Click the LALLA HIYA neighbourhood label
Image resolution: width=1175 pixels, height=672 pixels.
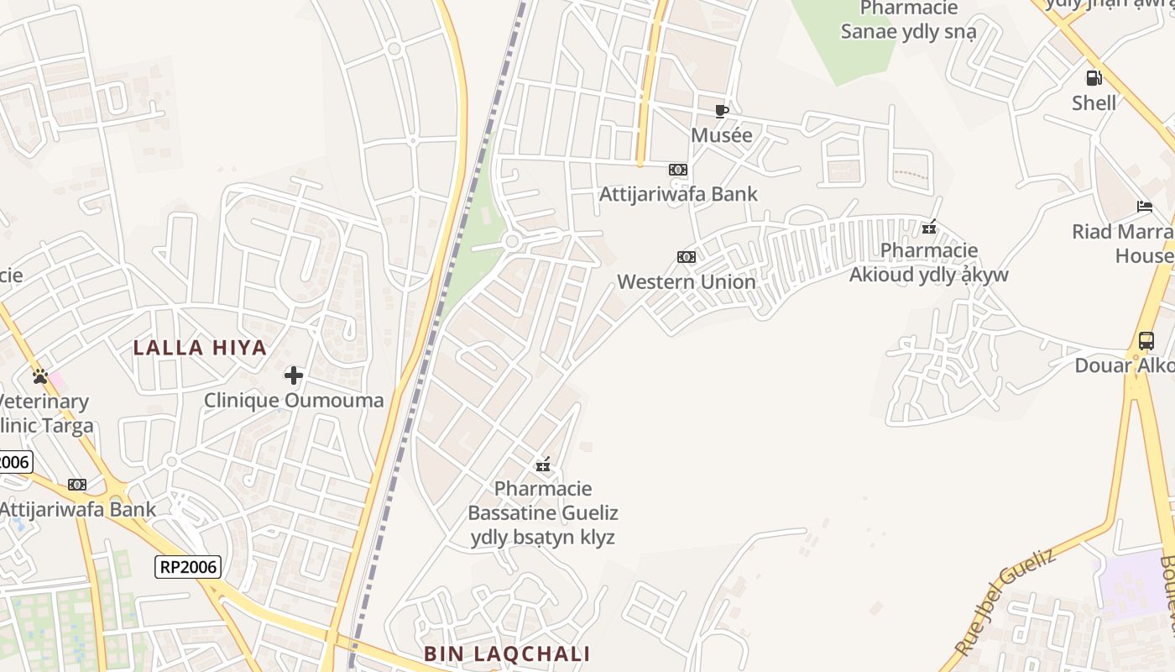(x=200, y=348)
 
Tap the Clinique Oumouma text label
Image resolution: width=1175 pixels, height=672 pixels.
(x=294, y=400)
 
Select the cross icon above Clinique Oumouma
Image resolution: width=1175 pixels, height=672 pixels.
(x=294, y=375)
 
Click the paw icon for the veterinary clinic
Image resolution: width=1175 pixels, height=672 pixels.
(x=39, y=376)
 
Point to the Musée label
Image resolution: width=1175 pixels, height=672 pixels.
(x=721, y=135)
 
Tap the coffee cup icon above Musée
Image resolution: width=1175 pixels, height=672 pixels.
(x=721, y=111)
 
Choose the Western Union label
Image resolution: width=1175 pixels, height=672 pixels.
(x=687, y=281)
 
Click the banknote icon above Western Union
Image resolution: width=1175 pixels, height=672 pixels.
(x=687, y=257)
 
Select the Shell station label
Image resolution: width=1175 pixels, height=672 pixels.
(x=1094, y=102)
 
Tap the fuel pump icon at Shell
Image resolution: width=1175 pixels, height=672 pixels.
(x=1094, y=78)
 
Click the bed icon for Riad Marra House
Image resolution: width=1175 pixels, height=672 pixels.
(x=1145, y=207)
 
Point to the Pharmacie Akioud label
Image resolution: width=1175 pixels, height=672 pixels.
(x=928, y=262)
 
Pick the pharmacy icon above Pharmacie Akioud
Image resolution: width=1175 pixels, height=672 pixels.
(x=928, y=227)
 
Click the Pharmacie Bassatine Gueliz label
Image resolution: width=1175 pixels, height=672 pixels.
(x=542, y=512)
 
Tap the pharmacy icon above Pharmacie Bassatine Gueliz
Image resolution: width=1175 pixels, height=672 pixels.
(x=543, y=464)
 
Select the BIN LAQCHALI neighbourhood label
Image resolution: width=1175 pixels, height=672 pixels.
(x=506, y=654)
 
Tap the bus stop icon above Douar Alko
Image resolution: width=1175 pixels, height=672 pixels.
(x=1146, y=341)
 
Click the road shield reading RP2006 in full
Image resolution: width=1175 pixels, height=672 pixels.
(x=188, y=567)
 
